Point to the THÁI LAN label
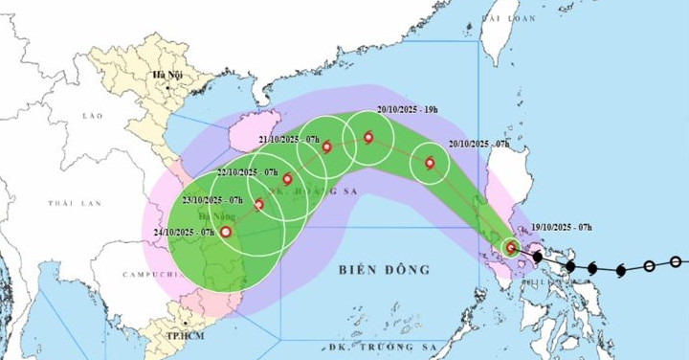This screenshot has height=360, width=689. point(75,204)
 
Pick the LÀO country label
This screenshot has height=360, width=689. point(92,116)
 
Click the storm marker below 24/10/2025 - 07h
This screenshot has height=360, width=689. point(226,232)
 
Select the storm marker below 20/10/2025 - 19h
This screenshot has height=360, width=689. point(368,138)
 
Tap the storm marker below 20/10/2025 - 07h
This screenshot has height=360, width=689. point(430,163)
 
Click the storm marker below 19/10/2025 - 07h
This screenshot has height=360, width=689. point(510,248)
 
